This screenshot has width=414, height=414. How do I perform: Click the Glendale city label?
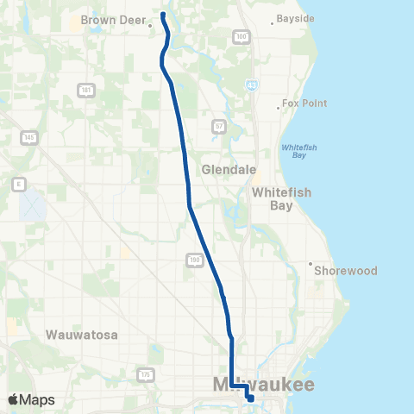225,170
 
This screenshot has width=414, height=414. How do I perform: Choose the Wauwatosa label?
82,334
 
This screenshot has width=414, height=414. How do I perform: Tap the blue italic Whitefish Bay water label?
299,151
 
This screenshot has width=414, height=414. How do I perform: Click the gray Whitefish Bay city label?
281,199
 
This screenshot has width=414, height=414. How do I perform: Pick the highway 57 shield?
219,125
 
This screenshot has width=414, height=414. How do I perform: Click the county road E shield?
18,184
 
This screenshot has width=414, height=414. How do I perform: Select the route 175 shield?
145,374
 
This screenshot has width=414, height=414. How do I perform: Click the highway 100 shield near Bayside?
241,36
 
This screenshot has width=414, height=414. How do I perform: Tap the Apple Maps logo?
31,399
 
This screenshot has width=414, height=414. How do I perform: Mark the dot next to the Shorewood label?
310,264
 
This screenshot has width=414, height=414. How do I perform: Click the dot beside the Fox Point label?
279,108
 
